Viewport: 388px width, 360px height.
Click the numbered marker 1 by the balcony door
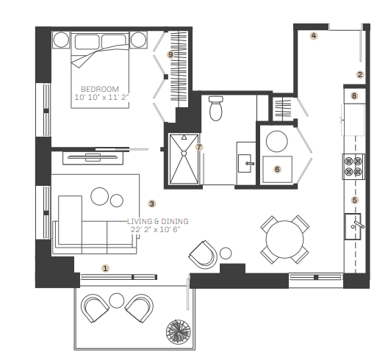click(106, 268)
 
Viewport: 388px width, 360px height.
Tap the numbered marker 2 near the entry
click(359, 74)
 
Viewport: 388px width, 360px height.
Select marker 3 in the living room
click(151, 204)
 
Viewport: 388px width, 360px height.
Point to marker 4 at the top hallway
click(314, 35)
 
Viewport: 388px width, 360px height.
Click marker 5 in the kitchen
click(354, 200)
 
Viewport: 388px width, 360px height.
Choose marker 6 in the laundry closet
click(277, 169)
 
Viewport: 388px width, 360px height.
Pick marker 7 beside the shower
click(198, 147)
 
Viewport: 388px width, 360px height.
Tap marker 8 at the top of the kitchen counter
click(353, 96)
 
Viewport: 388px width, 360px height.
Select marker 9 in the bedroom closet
click(170, 54)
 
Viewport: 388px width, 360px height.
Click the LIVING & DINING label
click(157, 220)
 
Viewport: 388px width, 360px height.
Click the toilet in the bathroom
click(216, 110)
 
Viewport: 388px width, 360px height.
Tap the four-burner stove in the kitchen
click(353, 167)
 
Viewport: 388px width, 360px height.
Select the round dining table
click(284, 238)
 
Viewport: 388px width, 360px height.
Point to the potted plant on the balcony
click(178, 331)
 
